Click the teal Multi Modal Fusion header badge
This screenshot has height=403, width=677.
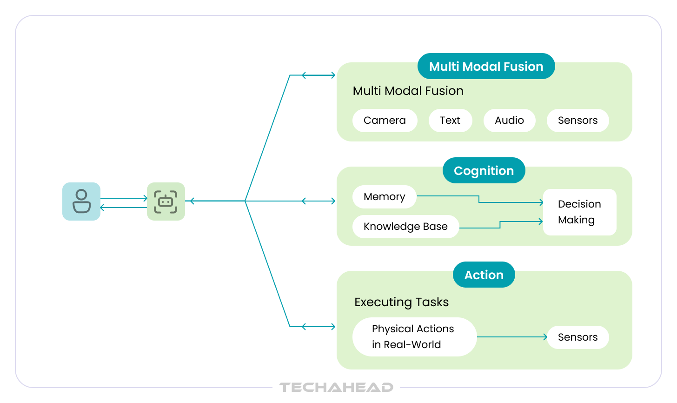click(486, 66)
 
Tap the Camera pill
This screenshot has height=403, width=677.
click(385, 121)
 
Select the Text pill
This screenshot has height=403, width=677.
click(450, 121)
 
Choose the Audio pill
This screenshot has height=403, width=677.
click(509, 121)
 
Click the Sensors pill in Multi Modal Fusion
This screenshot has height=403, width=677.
click(577, 121)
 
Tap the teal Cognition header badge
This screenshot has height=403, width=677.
click(484, 170)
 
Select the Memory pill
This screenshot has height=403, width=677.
click(385, 197)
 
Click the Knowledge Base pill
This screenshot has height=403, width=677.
click(405, 227)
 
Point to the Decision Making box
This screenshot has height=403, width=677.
click(580, 212)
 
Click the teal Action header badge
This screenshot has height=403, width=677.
click(484, 275)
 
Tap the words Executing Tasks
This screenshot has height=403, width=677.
click(401, 302)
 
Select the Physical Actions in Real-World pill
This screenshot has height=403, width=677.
click(414, 337)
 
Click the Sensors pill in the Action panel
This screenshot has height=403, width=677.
click(577, 337)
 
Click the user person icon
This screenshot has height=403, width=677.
click(81, 201)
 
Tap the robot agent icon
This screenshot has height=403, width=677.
click(166, 201)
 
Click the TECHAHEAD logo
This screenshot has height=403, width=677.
click(336, 387)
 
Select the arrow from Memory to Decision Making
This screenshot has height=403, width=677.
click(479, 199)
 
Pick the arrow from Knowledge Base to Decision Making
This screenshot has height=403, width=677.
click(500, 225)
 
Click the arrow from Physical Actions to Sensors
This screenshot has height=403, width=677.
click(512, 337)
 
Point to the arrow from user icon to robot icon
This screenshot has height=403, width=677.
click(124, 198)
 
